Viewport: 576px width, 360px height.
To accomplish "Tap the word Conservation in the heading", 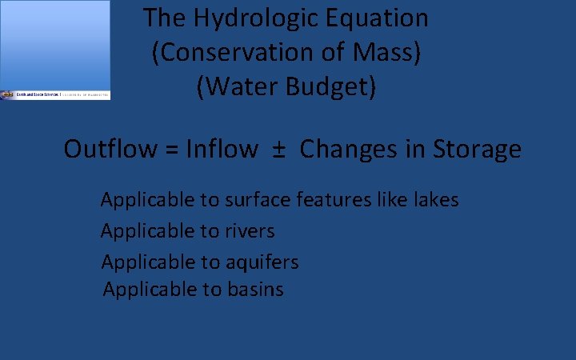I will pos(238,53).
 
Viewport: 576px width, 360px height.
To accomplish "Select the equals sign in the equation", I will pos(170,150).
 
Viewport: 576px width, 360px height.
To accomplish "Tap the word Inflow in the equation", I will pos(222,149).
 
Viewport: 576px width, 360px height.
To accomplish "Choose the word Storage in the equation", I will pos(477,149).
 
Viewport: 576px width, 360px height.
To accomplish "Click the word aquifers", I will pos(262,262).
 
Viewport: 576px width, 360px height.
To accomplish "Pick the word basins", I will pos(254,289).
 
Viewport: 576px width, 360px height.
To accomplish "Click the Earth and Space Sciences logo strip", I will pos(55,94).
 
